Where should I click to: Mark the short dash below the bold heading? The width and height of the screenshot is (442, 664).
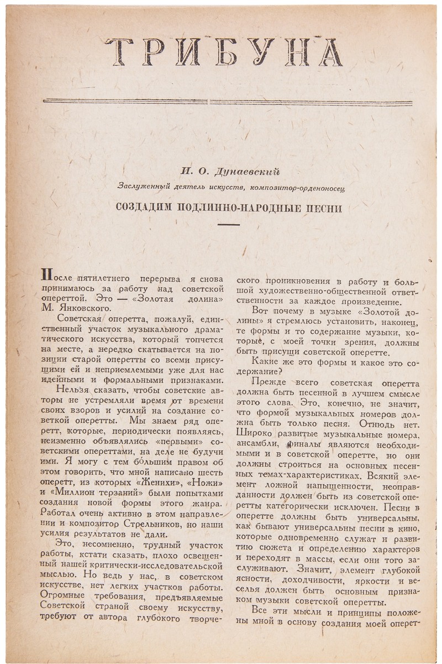(x=229, y=225)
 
